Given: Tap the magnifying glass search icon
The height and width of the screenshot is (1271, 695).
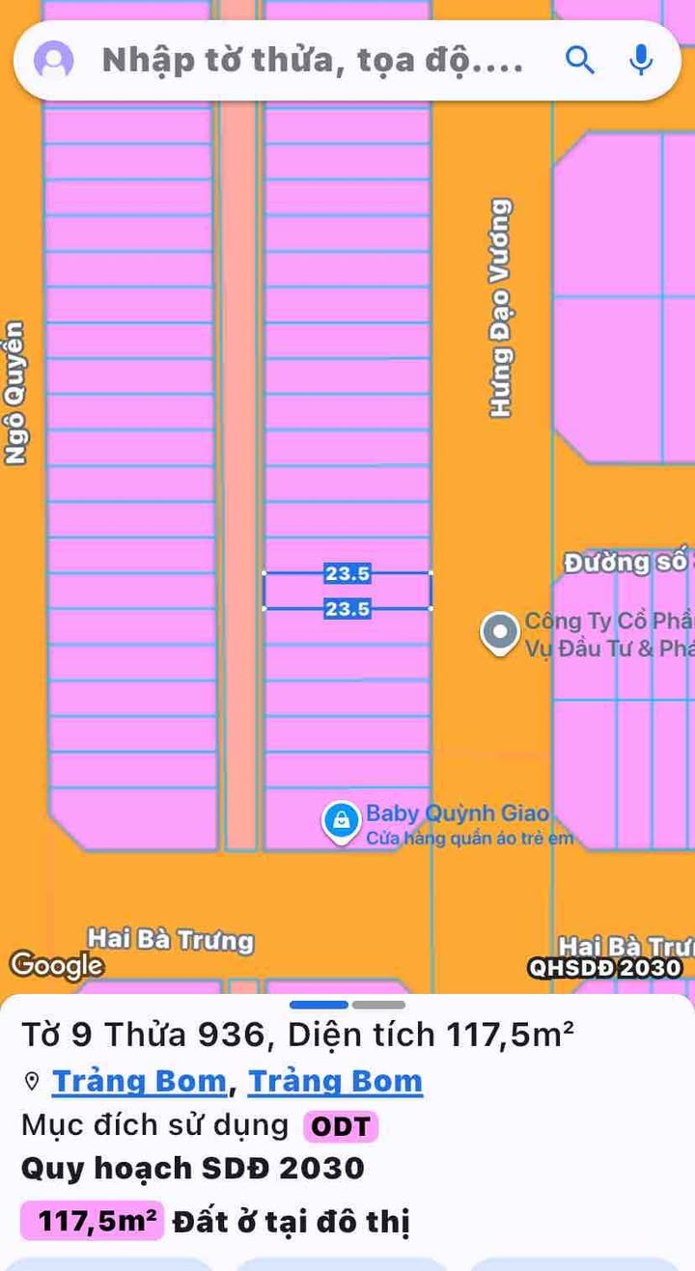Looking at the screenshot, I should click(x=579, y=60).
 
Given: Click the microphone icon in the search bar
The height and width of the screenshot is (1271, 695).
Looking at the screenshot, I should click(x=640, y=60).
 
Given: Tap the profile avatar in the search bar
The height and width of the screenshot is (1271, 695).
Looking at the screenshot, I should click(x=54, y=60).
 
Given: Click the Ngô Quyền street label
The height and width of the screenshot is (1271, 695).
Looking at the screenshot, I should click(x=14, y=393).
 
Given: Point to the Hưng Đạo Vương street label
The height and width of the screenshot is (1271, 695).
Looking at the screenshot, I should click(x=500, y=308).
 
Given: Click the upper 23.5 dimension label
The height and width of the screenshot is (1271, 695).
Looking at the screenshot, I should click(x=347, y=574).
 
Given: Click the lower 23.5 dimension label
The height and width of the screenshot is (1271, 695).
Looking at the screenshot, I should click(x=347, y=609).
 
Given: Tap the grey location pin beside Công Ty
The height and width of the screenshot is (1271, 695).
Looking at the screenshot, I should click(x=500, y=633).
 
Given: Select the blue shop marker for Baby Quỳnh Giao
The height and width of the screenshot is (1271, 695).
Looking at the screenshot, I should click(x=340, y=821).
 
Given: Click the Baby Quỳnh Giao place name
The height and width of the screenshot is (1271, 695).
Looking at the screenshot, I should click(x=457, y=814).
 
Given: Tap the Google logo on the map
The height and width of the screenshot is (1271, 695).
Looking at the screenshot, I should click(x=56, y=964).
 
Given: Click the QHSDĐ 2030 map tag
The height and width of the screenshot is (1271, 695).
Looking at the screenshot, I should click(x=605, y=968).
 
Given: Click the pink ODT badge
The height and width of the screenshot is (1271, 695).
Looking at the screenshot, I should click(x=341, y=1126).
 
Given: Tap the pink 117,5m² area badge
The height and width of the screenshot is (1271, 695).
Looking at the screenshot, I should click(x=93, y=1221).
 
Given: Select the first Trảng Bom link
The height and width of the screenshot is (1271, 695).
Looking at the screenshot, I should click(x=139, y=1082).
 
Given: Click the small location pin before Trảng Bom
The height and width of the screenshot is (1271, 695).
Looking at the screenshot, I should click(x=32, y=1082).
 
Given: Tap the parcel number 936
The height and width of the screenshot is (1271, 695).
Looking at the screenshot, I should click(x=231, y=1036).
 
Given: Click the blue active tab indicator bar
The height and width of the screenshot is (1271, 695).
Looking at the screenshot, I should click(x=319, y=1005).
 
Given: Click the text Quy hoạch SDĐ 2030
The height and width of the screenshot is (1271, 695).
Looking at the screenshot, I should click(x=193, y=1169).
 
